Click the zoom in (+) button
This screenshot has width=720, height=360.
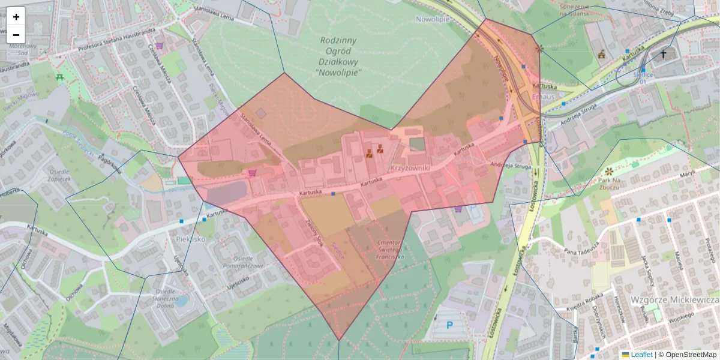click(x=16, y=16)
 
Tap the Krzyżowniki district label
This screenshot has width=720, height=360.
click(x=410, y=169)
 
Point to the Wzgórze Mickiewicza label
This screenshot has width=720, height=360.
click(x=674, y=299)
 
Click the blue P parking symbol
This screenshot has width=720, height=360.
click(x=449, y=325)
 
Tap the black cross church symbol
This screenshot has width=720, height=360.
click(x=664, y=54)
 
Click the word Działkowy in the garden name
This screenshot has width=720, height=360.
click(x=338, y=61)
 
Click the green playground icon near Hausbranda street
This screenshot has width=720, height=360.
click(x=59, y=77)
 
